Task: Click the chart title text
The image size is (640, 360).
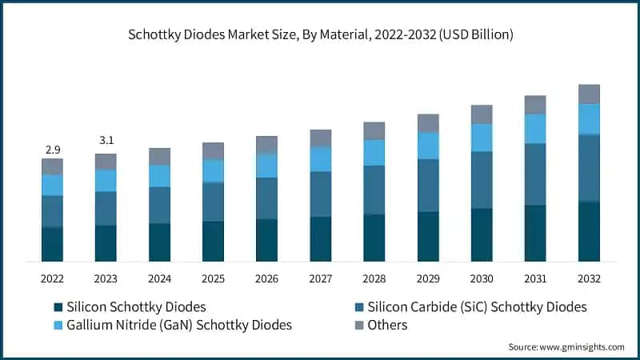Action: (x=320, y=35)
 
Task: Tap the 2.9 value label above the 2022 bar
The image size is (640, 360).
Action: (x=52, y=150)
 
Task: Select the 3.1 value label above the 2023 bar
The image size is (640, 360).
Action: (x=106, y=140)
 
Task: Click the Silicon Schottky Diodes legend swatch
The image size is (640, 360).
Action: (x=58, y=307)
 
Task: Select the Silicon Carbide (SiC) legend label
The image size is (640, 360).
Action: (x=477, y=307)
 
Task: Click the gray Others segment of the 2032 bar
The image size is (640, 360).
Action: (x=589, y=94)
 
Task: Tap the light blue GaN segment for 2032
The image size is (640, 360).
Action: (x=589, y=119)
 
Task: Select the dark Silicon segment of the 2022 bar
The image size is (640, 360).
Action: (x=52, y=244)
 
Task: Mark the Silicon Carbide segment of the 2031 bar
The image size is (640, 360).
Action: (x=535, y=174)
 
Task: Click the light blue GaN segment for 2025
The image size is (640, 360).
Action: (x=213, y=171)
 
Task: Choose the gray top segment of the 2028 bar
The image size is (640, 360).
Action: (x=374, y=131)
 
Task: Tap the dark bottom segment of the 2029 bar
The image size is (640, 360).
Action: (x=428, y=237)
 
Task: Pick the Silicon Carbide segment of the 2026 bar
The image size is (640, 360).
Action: (x=266, y=198)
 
